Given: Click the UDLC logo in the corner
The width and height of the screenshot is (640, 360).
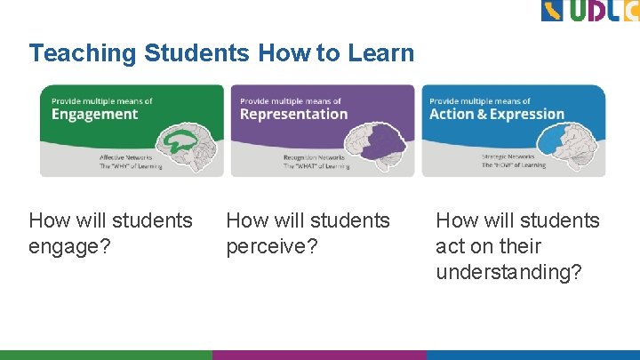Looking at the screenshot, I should point(589,11).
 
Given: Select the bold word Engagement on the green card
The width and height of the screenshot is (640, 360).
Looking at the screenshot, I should point(94,115).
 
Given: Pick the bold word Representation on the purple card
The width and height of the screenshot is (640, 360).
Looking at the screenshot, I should point(293,115).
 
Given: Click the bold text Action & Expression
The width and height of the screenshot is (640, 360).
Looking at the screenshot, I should point(496,115).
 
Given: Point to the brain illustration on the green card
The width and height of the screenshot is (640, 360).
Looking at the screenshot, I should point(191,143).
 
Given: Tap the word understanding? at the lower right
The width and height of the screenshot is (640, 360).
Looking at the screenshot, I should point(508,272).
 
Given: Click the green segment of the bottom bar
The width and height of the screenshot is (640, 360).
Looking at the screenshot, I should point(107,354).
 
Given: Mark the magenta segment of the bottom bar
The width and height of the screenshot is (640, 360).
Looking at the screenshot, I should point(320,354).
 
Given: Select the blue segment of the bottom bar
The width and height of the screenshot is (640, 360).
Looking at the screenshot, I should point(533,354).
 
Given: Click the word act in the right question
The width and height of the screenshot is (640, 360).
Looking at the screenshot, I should point(449,246).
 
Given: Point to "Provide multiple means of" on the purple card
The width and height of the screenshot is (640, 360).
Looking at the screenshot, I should point(290,101).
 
